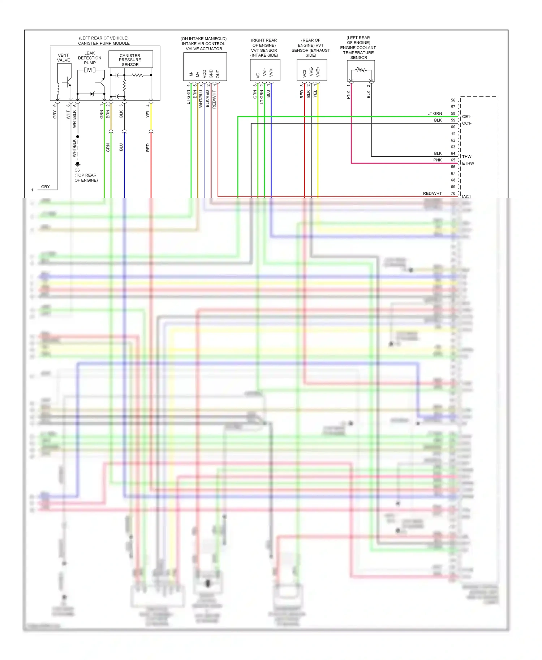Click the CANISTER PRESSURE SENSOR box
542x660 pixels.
(130, 60)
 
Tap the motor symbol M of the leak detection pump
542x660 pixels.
(90, 70)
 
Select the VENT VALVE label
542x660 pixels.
(64, 58)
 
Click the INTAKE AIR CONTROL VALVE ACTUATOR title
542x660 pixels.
(204, 44)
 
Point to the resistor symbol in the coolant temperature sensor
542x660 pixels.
(360, 70)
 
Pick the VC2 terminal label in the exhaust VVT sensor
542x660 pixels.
(304, 73)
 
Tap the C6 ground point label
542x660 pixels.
(77, 170)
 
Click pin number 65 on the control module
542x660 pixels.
(453, 160)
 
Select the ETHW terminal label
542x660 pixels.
(468, 163)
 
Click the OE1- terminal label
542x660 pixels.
(466, 117)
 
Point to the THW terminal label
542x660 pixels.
(466, 157)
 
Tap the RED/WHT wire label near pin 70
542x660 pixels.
(432, 194)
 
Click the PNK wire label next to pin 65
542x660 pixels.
(437, 160)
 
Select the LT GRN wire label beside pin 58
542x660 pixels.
(434, 113)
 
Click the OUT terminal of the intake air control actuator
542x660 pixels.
(218, 74)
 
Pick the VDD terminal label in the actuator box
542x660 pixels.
(204, 74)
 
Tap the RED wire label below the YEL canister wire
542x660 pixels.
(148, 147)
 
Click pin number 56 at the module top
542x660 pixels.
(453, 100)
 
